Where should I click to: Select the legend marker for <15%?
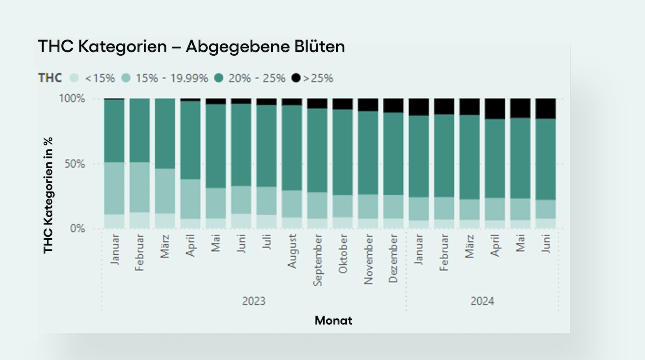tap(74, 78)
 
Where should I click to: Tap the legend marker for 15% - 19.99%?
tap(126, 78)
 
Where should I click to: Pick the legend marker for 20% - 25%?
tap(219, 78)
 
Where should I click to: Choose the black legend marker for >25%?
tap(296, 78)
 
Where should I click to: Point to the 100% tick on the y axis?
tap(72, 98)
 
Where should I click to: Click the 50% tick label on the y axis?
tap(75, 164)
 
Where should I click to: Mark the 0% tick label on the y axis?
tap(77, 229)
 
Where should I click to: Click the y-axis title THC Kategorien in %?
tap(48, 196)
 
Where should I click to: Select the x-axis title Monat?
tap(333, 320)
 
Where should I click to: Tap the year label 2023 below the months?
tap(254, 301)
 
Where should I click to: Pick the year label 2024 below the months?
tap(482, 301)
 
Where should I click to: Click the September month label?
tap(318, 260)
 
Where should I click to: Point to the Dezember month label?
tap(393, 258)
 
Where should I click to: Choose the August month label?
tap(292, 251)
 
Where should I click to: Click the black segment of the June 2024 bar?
tap(545, 108)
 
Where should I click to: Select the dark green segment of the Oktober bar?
tap(343, 152)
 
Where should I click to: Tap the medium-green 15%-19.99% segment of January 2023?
tap(114, 188)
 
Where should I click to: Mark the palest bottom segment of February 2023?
tap(139, 221)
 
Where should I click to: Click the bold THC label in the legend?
tap(50, 78)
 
